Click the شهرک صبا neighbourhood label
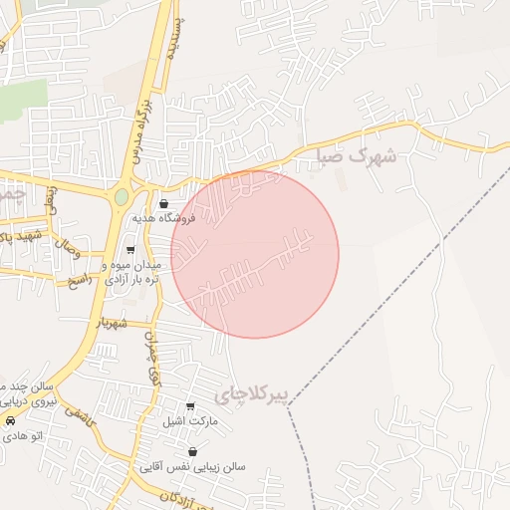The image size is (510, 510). point(356,156)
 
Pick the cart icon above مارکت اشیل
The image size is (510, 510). point(190,406)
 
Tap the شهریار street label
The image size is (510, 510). point(113,324)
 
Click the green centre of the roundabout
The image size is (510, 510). point(122,197)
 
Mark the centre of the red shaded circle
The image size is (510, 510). point(255,254)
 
